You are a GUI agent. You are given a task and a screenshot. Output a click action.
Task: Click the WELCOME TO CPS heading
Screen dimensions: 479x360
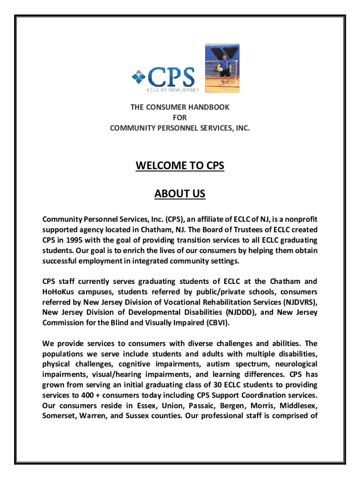pos(180,166)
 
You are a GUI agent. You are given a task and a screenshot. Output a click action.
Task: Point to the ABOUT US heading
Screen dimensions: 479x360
pos(180,194)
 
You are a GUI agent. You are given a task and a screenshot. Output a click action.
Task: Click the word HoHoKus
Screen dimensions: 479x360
pos(58,291)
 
